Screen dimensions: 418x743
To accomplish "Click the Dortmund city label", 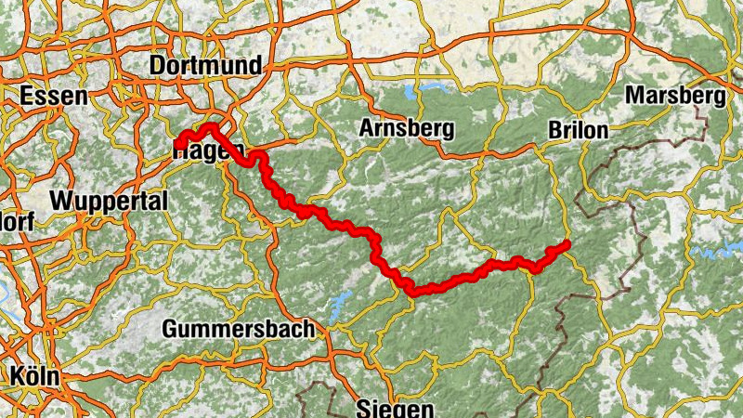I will (205, 66).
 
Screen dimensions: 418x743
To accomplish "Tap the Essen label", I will (53, 96).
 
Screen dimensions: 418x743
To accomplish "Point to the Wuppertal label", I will (109, 201).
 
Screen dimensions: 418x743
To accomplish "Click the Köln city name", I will (34, 376).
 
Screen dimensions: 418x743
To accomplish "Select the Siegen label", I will (395, 408).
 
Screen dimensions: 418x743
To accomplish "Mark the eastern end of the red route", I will (565, 245).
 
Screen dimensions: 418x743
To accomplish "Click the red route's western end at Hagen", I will (176, 143).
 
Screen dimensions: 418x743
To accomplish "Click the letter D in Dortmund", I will (157, 66).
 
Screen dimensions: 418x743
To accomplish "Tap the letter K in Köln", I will (17, 376).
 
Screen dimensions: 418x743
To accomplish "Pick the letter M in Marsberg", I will (634, 96).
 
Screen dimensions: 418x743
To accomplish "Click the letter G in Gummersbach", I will (172, 329).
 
